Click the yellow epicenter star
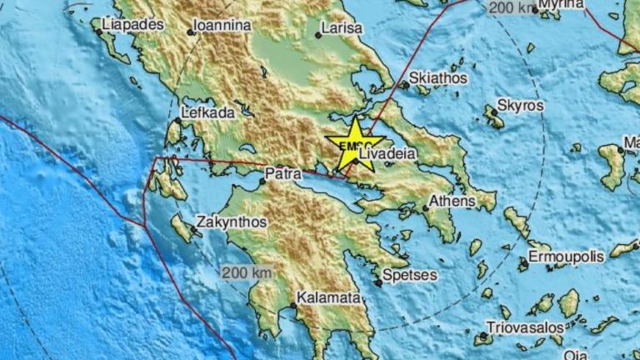coord(355,144)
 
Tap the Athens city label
coord(452,201)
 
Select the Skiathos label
coord(438,77)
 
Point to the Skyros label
coord(519,106)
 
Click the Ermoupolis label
coord(566,257)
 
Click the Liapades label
coord(132,25)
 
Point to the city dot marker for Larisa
coord(318,35)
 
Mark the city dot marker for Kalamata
coord(293,305)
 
